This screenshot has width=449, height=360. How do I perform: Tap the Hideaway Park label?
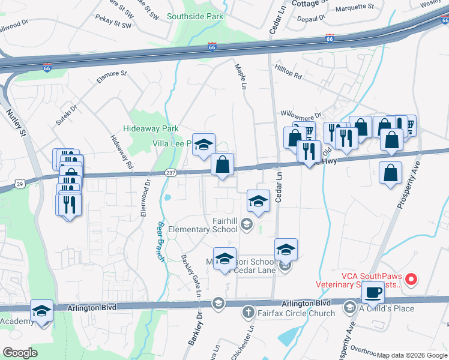151,128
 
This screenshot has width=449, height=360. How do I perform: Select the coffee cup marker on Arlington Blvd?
373,292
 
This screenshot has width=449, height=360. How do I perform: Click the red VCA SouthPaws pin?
411,279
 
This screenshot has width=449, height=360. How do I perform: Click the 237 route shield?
170,173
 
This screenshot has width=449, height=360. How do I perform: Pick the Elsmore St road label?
112,77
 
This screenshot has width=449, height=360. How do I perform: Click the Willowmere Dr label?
301,114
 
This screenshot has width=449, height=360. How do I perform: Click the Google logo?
20,353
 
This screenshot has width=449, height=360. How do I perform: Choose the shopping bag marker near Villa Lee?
222,164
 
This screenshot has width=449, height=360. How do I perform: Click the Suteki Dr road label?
67,116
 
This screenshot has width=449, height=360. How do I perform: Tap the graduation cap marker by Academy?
42,311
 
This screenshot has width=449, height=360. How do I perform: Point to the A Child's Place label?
387,308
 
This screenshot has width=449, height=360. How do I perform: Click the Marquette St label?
357,7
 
